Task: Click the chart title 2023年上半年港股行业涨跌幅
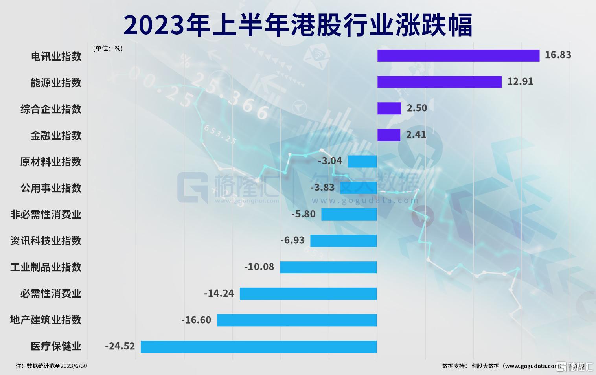(298, 25)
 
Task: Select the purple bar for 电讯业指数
(458, 55)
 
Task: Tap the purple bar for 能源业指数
(439, 82)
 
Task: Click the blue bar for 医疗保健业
(259, 347)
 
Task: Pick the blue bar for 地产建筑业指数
(297, 320)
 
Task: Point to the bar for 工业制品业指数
(328, 267)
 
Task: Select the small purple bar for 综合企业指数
(389, 108)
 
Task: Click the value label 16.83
(557, 55)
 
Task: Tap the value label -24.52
(120, 346)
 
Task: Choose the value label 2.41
(416, 134)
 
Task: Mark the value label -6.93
(292, 240)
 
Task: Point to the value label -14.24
(219, 293)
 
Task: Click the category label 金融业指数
(56, 135)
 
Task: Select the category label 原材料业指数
(51, 162)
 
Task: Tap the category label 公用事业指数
(51, 188)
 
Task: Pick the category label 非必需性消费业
(46, 214)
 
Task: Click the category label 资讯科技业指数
(46, 241)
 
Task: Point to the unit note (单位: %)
(108, 48)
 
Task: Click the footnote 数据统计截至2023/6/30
(52, 366)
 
